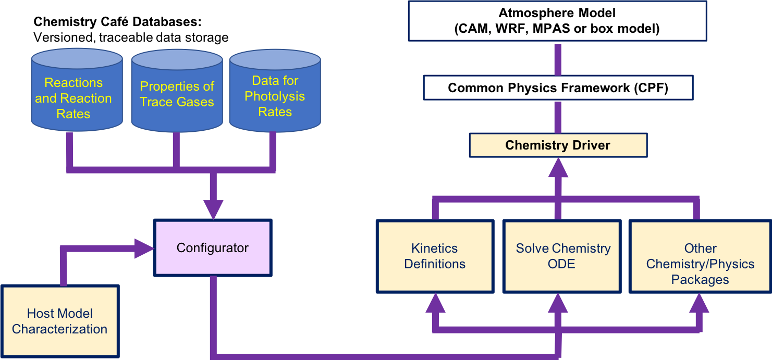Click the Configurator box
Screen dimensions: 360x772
click(213, 248)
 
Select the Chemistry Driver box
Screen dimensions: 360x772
click(558, 145)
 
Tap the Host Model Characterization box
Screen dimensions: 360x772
click(60, 321)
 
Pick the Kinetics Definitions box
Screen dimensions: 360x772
click(435, 256)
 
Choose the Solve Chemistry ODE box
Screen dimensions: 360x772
click(562, 256)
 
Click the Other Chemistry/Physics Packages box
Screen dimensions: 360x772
click(700, 256)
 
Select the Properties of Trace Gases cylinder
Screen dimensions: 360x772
click(177, 94)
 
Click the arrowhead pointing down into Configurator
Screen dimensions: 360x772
click(213, 208)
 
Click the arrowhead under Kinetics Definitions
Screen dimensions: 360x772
click(435, 303)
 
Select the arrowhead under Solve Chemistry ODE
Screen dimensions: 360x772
click(558, 303)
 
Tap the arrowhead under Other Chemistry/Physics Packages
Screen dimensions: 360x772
click(700, 303)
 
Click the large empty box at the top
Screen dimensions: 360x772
click(557, 21)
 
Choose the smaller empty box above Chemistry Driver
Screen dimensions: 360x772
click(558, 88)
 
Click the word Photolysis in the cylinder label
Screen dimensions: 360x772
click(275, 96)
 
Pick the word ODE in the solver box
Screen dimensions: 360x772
click(562, 264)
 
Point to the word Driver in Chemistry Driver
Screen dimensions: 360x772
click(591, 145)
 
